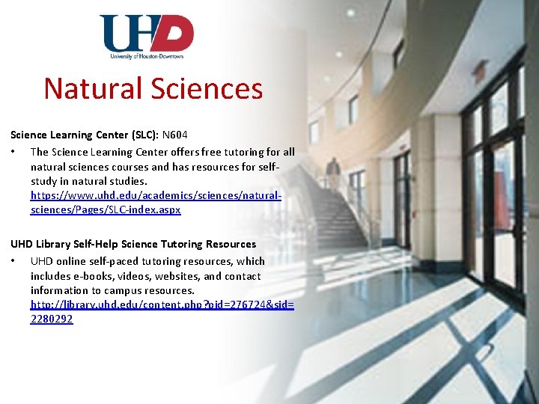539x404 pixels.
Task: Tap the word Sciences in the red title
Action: pyautogui.click(x=207, y=88)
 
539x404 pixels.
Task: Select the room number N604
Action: pyautogui.click(x=175, y=135)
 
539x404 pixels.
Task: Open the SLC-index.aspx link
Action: pyautogui.click(x=106, y=209)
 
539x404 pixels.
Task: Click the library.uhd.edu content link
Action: pyautogui.click(x=162, y=304)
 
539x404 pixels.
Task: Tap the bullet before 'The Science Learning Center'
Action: pyautogui.click(x=13, y=152)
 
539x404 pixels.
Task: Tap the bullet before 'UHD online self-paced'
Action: pyautogui.click(x=13, y=261)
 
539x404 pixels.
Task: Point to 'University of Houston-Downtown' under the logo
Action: pyautogui.click(x=147, y=56)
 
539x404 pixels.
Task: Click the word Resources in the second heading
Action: pyautogui.click(x=229, y=244)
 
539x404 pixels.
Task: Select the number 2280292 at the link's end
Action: pyautogui.click(x=52, y=319)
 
